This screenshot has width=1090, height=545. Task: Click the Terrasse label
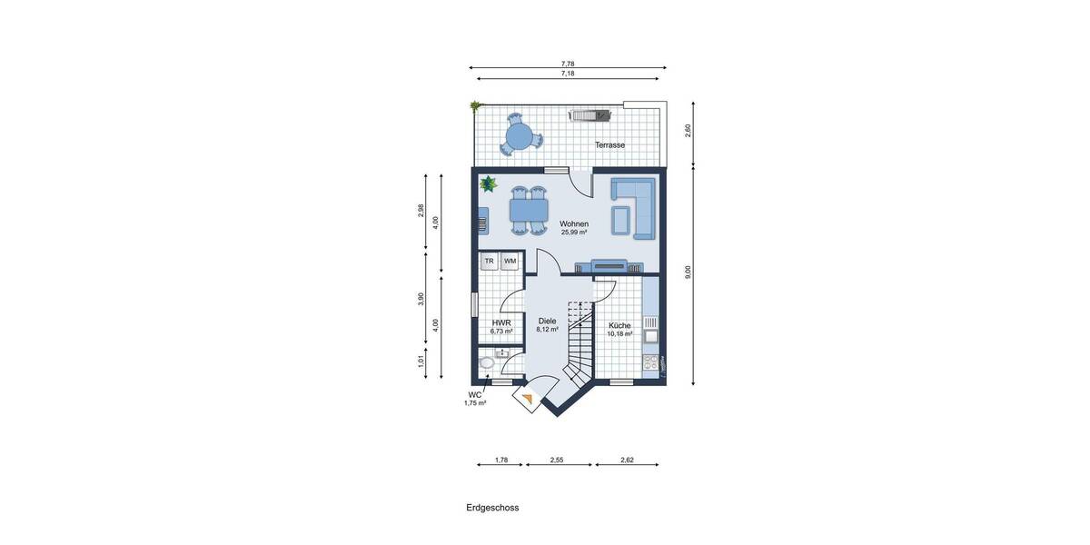609,144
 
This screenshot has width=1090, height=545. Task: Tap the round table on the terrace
519,136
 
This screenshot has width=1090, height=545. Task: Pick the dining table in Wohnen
529,211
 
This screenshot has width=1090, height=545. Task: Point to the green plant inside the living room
489,184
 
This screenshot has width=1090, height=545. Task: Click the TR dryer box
489,262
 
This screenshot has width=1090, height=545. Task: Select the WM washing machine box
510,262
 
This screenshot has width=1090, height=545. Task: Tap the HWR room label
501,322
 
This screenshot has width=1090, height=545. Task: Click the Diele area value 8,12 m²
547,331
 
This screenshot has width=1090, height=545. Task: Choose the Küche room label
619,325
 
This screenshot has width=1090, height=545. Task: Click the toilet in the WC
487,363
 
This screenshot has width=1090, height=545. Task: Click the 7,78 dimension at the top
568,63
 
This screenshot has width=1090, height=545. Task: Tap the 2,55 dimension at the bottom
557,461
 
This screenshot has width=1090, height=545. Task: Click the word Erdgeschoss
487,509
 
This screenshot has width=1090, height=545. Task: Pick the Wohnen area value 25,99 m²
574,233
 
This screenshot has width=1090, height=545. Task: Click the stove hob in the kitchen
650,363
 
